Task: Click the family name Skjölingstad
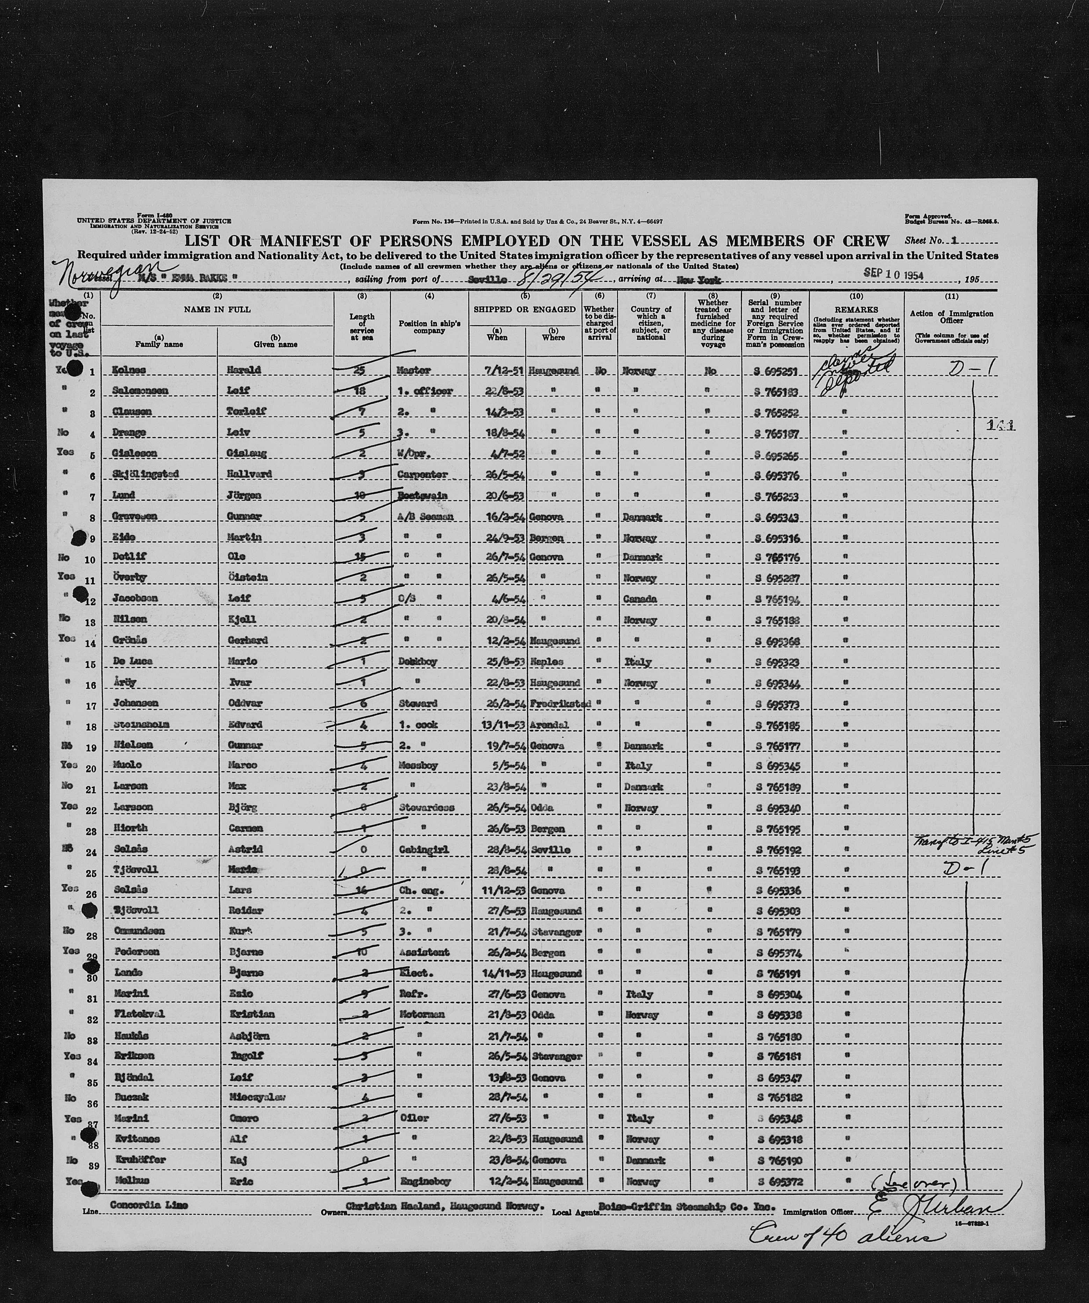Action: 146,475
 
